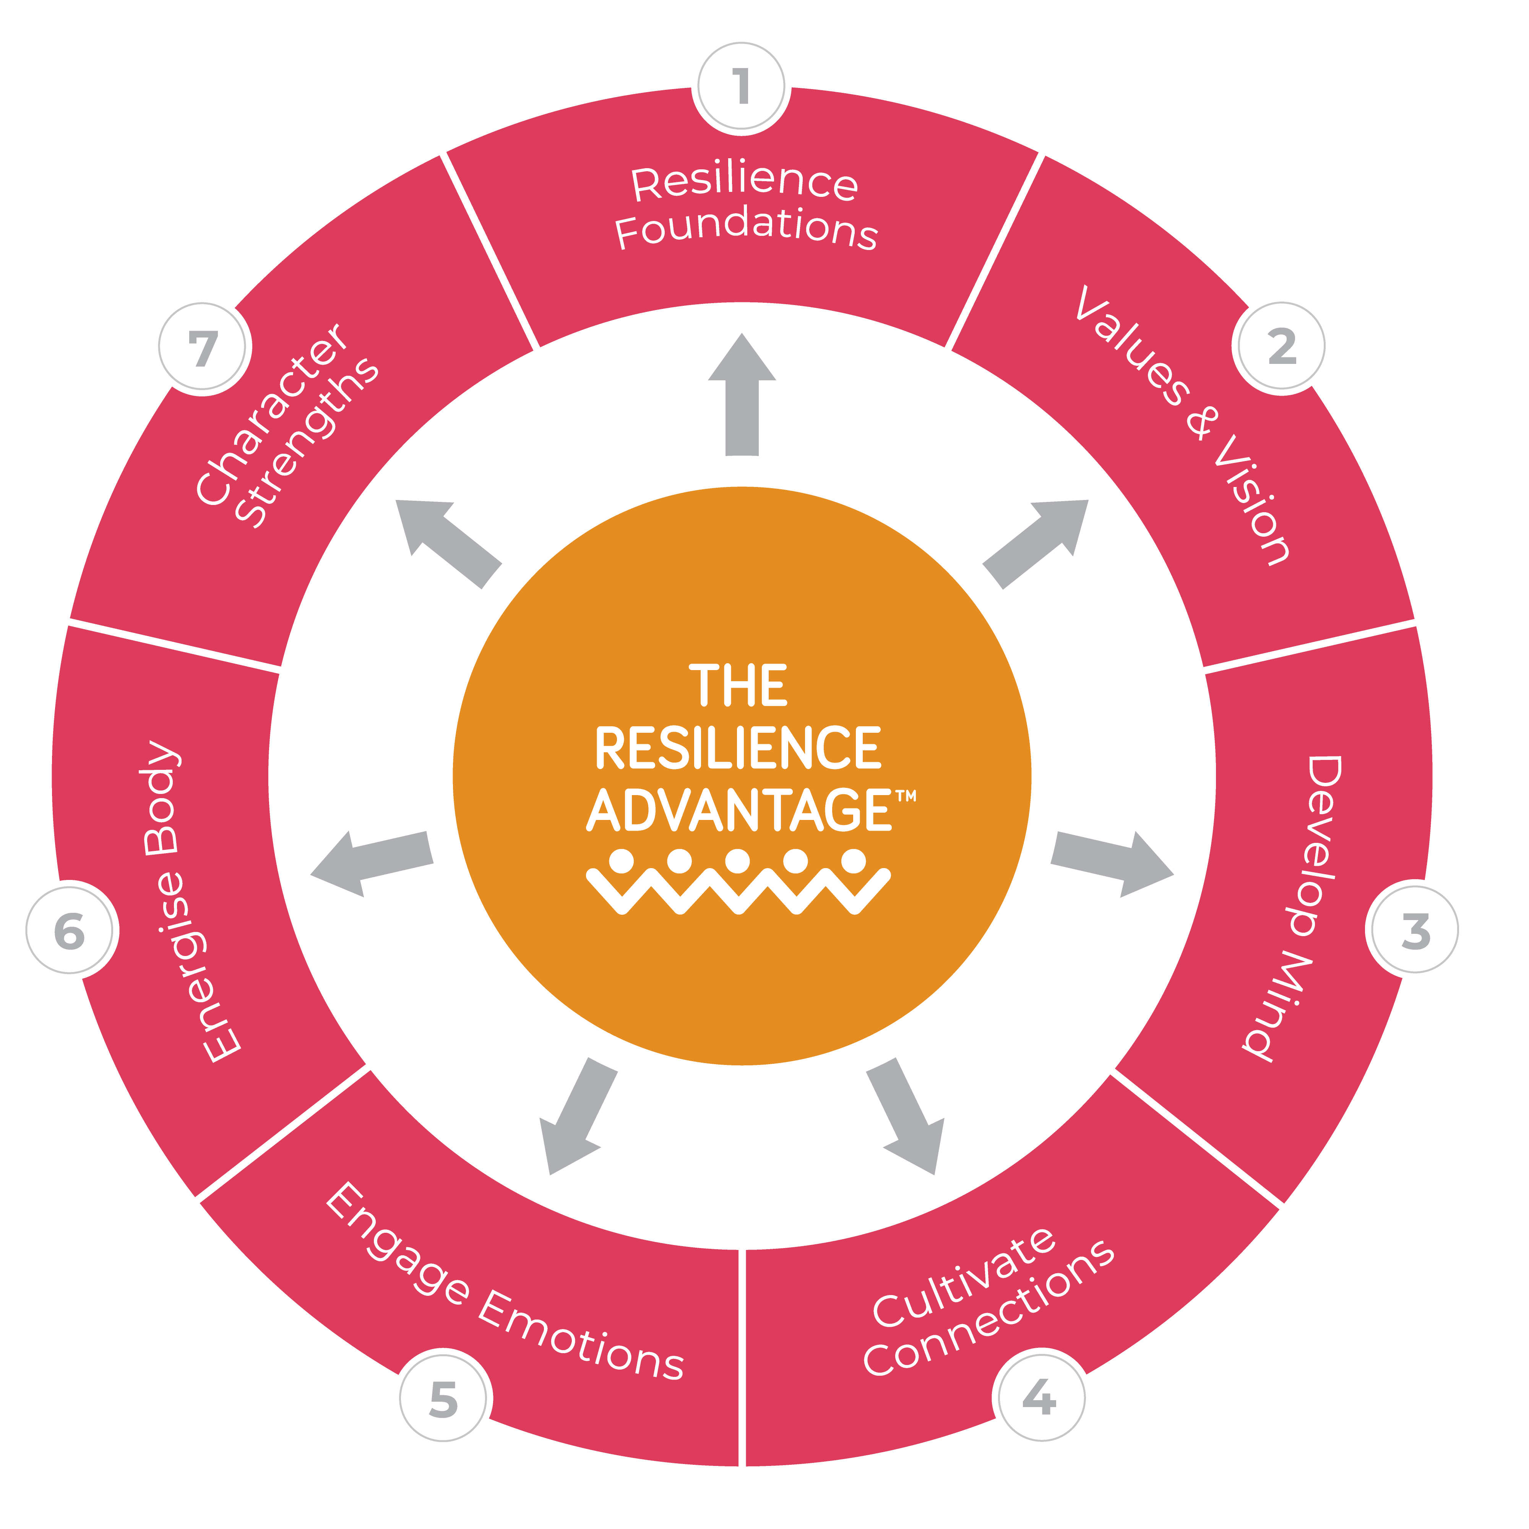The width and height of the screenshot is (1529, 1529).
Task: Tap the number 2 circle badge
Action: click(1281, 346)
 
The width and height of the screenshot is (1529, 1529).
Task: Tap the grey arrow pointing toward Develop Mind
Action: click(1112, 864)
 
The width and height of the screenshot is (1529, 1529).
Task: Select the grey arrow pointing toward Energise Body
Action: click(372, 864)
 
